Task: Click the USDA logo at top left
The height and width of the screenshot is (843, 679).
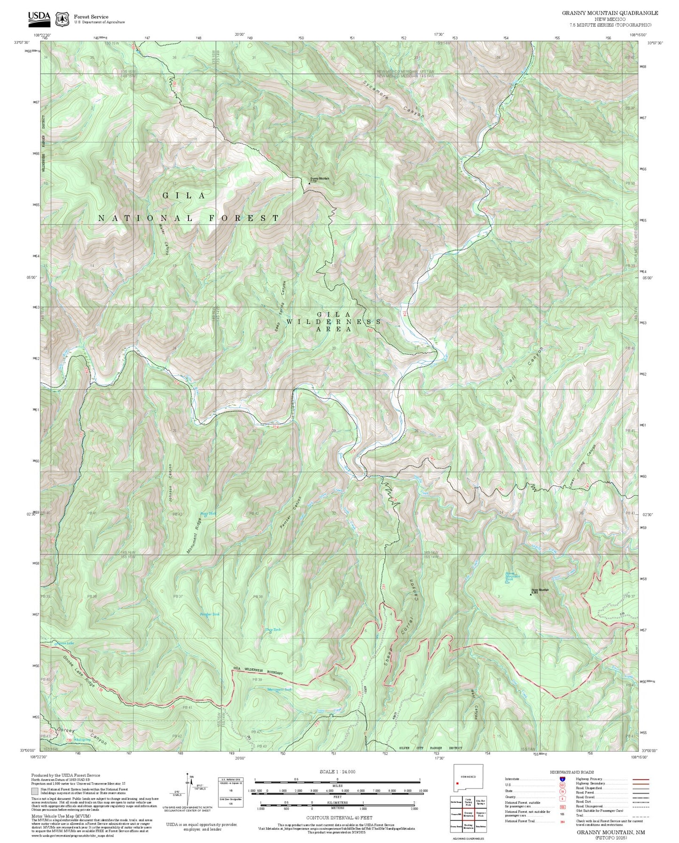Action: pyautogui.click(x=39, y=18)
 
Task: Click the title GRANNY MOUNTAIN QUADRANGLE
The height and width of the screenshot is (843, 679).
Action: pyautogui.click(x=610, y=13)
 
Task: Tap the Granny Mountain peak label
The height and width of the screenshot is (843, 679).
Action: pyautogui.click(x=320, y=179)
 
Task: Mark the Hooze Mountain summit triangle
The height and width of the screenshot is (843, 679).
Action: pyautogui.click(x=531, y=594)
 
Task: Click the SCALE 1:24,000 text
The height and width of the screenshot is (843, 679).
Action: pyautogui.click(x=337, y=772)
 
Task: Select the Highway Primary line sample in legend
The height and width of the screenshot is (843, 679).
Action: pyautogui.click(x=640, y=779)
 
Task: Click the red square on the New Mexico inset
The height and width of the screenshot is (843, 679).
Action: pyautogui.click(x=457, y=783)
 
